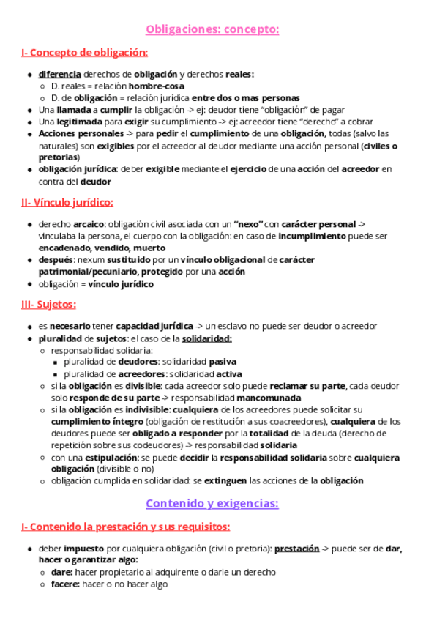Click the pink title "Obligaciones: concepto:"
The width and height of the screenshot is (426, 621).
[x=212, y=29]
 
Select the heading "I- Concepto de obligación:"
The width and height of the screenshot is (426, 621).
[x=85, y=53]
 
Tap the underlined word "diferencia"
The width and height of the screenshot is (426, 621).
[x=59, y=74]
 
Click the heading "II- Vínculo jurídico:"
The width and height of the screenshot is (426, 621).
[x=67, y=202]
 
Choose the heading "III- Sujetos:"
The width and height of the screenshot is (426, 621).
[x=49, y=304]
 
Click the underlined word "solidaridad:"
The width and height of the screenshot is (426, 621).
[x=207, y=338]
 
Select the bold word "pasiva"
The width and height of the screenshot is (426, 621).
[x=223, y=362]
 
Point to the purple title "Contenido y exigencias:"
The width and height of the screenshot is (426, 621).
[x=212, y=503]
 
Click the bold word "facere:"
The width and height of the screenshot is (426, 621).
[x=65, y=584]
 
